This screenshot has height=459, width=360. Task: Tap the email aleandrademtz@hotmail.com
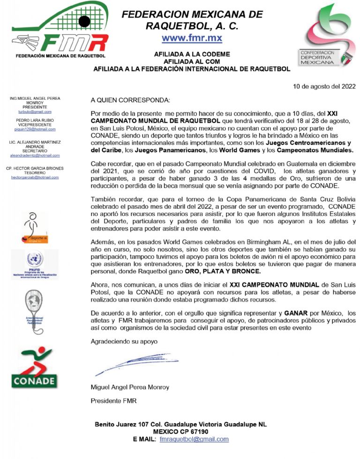tap(35, 155)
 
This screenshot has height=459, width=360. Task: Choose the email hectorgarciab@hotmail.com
tap(35, 178)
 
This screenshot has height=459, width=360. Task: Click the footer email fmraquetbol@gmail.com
tap(194, 439)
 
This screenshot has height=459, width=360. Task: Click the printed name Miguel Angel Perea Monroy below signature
tap(130, 387)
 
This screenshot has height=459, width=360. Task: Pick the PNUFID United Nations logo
tap(34, 265)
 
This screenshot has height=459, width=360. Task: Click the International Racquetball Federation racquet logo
tap(34, 309)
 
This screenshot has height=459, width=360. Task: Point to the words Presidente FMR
tap(113, 401)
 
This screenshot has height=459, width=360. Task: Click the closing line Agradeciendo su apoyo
tap(124, 341)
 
